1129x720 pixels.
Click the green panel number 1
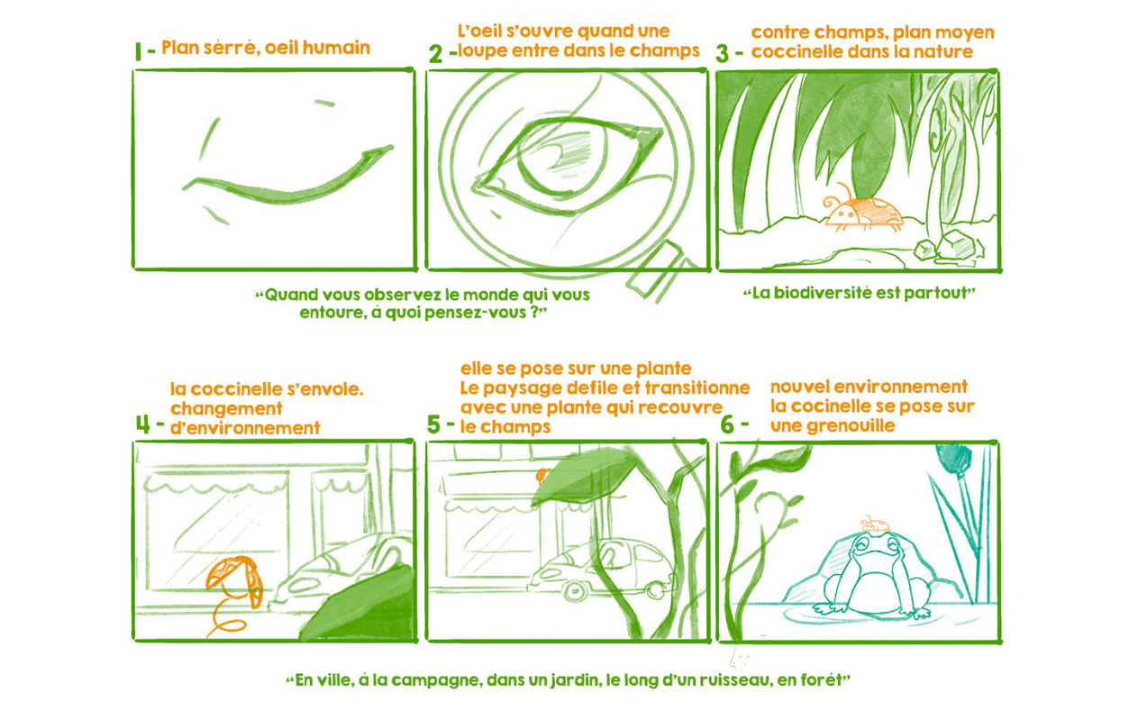(x=138, y=52)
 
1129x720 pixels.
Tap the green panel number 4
(x=143, y=424)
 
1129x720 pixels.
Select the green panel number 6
(x=727, y=424)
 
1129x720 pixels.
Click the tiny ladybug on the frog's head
(x=875, y=524)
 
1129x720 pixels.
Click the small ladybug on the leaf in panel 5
(x=542, y=476)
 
